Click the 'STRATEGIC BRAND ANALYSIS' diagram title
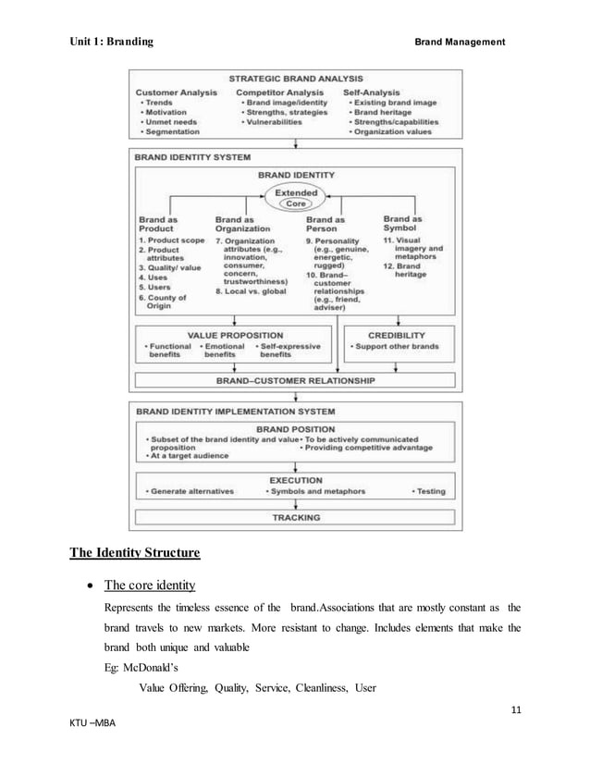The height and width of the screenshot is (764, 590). pyautogui.click(x=295, y=79)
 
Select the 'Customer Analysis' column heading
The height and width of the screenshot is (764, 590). pyautogui.click(x=177, y=92)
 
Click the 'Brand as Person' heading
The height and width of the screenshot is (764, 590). pyautogui.click(x=326, y=224)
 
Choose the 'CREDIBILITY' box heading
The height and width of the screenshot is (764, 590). pyautogui.click(x=397, y=335)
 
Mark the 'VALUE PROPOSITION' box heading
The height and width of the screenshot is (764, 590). pyautogui.click(x=236, y=335)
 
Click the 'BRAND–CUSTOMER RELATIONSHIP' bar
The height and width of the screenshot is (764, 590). pyautogui.click(x=295, y=380)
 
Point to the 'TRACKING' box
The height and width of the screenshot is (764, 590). pyautogui.click(x=295, y=518)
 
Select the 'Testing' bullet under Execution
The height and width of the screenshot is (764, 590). pyautogui.click(x=428, y=491)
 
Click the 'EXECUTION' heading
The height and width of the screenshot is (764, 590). pyautogui.click(x=295, y=480)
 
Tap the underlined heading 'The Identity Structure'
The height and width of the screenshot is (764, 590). pyautogui.click(x=135, y=555)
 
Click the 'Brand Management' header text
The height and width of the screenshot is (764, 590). pyautogui.click(x=459, y=42)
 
